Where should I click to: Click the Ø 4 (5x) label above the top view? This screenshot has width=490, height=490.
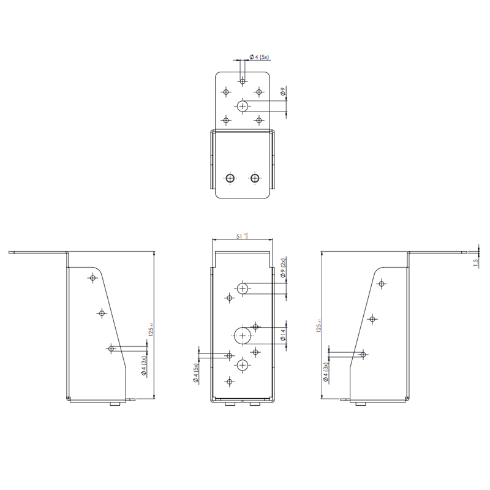tap(260, 58)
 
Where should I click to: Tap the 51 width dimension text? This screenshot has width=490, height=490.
tap(241, 235)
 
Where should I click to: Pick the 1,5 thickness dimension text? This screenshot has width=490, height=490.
tap(476, 262)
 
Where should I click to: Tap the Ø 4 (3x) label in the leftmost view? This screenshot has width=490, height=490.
tap(145, 368)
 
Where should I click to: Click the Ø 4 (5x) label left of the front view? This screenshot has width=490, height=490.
tap(196, 374)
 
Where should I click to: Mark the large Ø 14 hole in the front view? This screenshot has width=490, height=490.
tap(243, 335)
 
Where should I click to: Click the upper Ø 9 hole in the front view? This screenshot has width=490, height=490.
tap(243, 287)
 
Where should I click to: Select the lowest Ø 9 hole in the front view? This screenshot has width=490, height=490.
tap(243, 366)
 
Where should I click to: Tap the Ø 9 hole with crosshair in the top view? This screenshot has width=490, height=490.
tap(243, 106)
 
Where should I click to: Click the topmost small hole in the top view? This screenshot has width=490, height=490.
tap(243, 80)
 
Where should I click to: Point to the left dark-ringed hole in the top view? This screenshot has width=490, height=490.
tap(229, 178)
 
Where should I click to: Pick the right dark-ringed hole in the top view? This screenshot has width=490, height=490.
tap(255, 178)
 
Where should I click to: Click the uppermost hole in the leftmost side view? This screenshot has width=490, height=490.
tap(92, 279)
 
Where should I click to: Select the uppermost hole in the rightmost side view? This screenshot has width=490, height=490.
tap(382, 283)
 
